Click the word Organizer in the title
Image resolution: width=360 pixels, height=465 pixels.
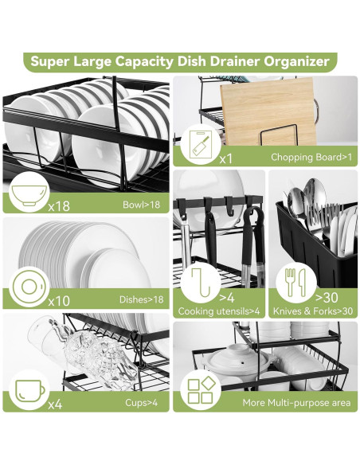coord(296,61)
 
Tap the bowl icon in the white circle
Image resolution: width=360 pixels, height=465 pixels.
coord(29,195)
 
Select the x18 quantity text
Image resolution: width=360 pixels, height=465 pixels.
coord(59,205)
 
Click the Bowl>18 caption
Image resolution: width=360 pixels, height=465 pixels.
coord(142,205)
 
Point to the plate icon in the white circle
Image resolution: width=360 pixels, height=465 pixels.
coord(29,287)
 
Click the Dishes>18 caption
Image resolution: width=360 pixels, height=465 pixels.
coord(141,299)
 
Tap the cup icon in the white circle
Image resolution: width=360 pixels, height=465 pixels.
coord(29,391)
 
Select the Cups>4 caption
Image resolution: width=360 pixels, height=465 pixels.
coord(142,402)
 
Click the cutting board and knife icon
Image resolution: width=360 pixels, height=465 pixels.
coord(201,144)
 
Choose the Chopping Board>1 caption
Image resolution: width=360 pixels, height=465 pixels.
coord(311,157)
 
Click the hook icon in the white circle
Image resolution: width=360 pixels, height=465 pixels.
coord(201,282)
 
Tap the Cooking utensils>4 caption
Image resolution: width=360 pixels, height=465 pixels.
coord(219,311)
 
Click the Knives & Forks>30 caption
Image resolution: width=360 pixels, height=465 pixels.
coord(313,311)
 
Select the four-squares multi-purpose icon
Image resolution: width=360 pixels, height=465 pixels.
coord(202,390)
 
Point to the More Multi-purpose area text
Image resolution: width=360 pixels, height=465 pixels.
coord(296,403)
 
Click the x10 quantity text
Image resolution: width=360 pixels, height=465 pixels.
coord(59,301)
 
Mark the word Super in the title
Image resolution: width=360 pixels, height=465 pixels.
coord(50,61)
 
